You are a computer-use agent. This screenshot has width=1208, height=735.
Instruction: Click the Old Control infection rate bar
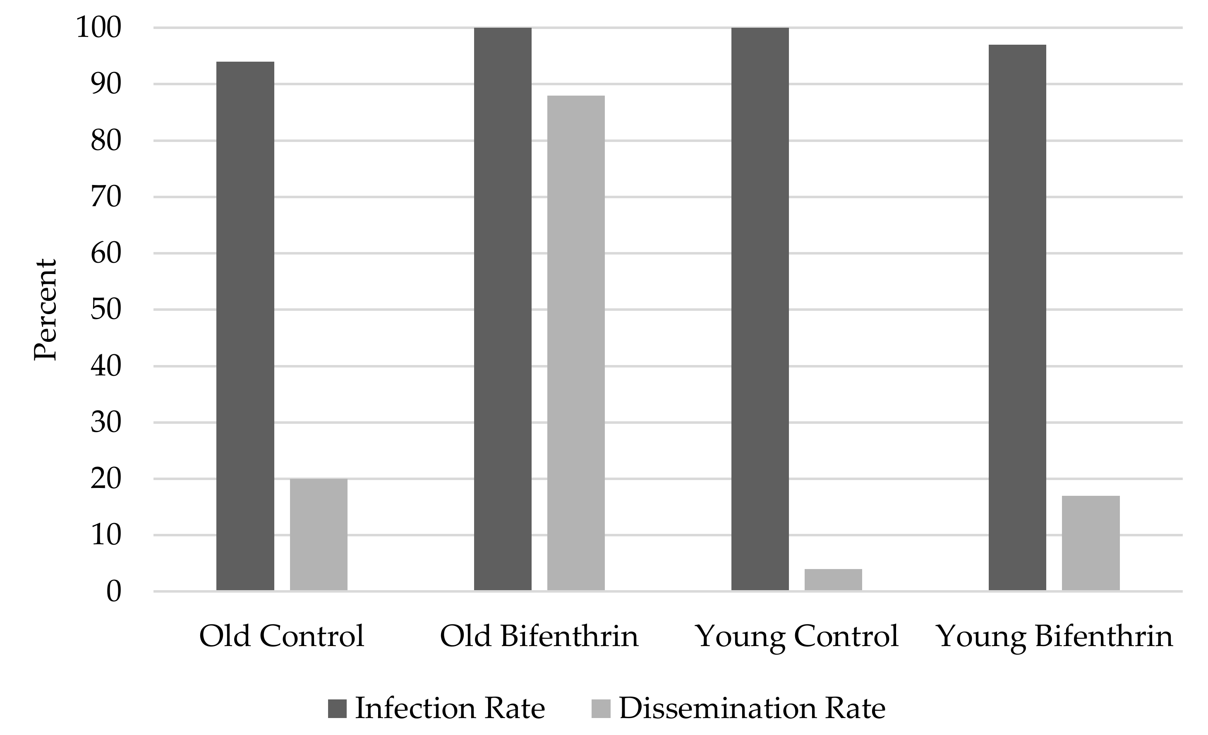pos(245,326)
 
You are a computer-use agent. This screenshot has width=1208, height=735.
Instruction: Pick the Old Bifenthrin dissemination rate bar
pos(576,343)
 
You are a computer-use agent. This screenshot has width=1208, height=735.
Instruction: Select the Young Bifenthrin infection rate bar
pos(1017,318)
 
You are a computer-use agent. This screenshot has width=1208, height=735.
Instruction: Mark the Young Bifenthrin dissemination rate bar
pos(1091,543)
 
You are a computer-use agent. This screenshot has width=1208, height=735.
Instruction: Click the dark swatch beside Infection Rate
pos(337,709)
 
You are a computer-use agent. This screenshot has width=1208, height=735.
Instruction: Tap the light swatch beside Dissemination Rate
pos(601,709)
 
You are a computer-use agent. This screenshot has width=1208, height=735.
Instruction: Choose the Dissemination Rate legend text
pos(752,709)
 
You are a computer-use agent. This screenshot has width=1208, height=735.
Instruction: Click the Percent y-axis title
pos(46,310)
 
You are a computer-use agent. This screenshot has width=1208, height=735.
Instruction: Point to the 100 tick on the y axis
pos(98,28)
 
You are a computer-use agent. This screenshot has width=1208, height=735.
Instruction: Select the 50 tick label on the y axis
pos(105,310)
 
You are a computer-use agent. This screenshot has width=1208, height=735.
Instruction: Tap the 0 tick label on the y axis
pos(113,592)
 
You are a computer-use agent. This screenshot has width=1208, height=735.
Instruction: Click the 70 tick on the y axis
pos(105,197)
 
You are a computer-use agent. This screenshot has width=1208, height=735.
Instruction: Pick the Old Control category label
pos(281,637)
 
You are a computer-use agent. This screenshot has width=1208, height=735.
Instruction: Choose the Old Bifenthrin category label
pos(539,637)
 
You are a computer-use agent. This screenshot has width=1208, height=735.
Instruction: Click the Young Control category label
pos(797,637)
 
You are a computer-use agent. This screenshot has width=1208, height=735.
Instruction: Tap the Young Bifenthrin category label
pos(1055,637)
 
